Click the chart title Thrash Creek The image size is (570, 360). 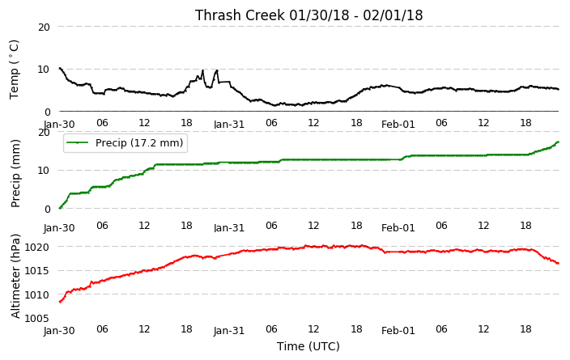coord(308,15)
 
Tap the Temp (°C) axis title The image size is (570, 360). coord(14,70)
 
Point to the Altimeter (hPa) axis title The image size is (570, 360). coord(15,277)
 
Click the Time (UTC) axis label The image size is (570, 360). coord(308,346)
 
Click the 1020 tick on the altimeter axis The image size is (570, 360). coord(36,248)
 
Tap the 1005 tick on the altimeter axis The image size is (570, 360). coord(36,319)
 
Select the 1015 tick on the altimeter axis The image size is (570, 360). coord(36,271)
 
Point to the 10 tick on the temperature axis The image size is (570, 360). coord(44,70)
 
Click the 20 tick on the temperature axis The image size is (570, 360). coord(44,27)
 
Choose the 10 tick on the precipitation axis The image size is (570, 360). coord(44,171)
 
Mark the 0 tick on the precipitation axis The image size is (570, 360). coord(47,210)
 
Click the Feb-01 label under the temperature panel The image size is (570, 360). coord(398,125)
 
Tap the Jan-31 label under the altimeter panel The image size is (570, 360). coord(228,331)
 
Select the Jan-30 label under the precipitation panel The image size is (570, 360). coord(59,228)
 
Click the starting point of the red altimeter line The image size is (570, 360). coord(60,302)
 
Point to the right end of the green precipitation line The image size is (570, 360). coord(558,142)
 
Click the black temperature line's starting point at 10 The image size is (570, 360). coord(60,68)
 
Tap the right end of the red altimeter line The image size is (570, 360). coord(558,264)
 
